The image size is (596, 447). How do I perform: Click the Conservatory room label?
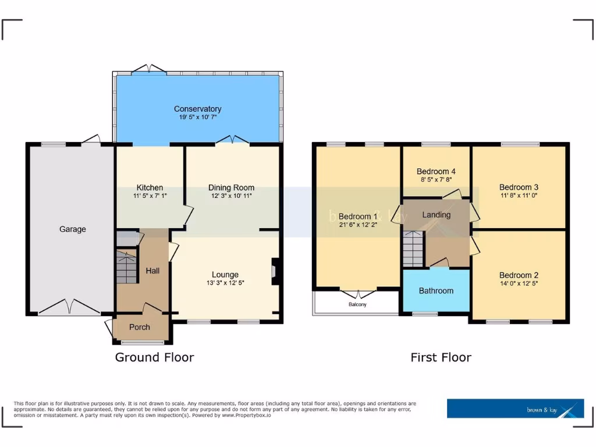pos(197,109)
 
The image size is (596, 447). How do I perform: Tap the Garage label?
pos(72,229)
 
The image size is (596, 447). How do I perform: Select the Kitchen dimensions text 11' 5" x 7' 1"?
pos(150,196)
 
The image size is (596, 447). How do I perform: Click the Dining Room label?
pos(231,187)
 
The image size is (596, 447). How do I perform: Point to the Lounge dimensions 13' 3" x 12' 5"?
pos(225,283)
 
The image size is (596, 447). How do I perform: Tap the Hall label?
pos(152,271)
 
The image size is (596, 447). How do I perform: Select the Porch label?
pos(139,327)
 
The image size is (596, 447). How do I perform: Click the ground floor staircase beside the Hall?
pos(127,267)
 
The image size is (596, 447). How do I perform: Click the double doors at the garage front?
pos(69,306)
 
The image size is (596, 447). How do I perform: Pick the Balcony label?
pos(357,304)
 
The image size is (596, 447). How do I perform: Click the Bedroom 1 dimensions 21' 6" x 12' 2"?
pos(358,224)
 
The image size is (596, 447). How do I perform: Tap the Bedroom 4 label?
pos(436,171)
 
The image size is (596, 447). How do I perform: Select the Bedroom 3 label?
pos(519,187)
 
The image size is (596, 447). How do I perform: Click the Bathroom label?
pos(435,290)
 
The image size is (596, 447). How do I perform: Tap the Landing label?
pos(436,215)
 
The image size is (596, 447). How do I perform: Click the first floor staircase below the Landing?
pos(412,249)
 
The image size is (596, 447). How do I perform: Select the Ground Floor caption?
pos(154,357)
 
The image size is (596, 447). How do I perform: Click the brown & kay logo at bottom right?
pos(515,409)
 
